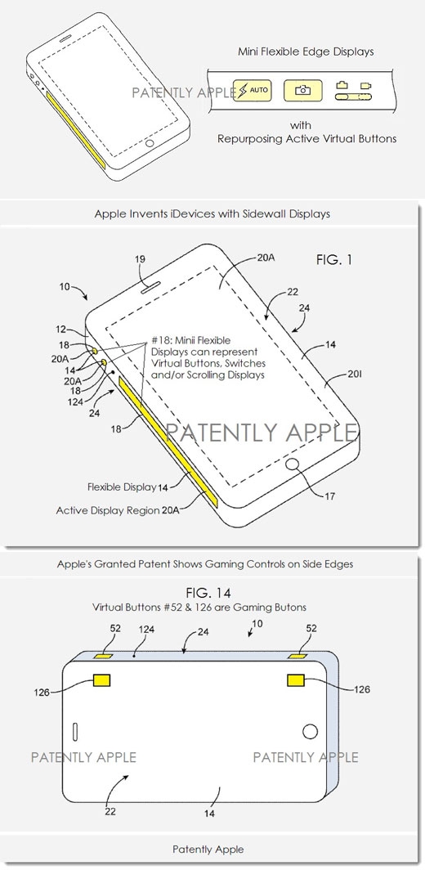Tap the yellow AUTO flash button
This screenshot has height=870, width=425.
(x=253, y=91)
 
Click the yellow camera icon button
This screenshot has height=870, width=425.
(x=302, y=91)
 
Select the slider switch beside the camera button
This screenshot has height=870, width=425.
(x=353, y=97)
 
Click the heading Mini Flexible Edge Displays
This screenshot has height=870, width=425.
(x=306, y=52)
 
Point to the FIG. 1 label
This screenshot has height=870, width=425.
(x=334, y=259)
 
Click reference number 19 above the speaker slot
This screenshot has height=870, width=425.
(x=140, y=258)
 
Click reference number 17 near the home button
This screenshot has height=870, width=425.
(x=329, y=496)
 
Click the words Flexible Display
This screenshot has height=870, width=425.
(x=122, y=487)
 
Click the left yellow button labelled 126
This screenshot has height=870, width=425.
(x=102, y=680)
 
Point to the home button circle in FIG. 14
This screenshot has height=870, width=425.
(x=310, y=731)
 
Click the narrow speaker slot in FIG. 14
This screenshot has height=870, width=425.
(x=75, y=732)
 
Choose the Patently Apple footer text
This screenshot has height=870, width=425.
(x=208, y=849)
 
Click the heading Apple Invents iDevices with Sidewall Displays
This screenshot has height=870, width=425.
(x=212, y=214)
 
